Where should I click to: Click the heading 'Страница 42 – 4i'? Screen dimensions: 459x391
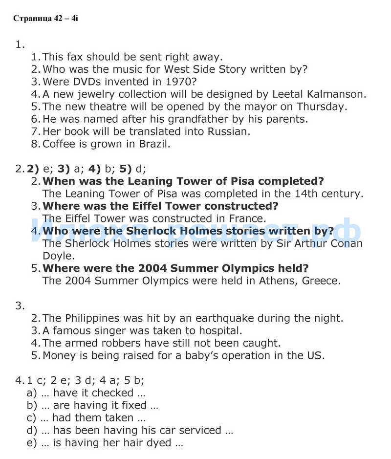pos(45,19)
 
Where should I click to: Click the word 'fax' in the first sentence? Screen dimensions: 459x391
pos(75,57)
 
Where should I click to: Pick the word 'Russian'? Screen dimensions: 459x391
pos(228,131)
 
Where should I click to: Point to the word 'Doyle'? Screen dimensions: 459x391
pos(58,255)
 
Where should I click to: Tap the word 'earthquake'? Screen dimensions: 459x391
pos(219,318)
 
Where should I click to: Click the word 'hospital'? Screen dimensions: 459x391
pos(218,330)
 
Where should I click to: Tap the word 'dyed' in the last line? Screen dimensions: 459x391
pos(160,443)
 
